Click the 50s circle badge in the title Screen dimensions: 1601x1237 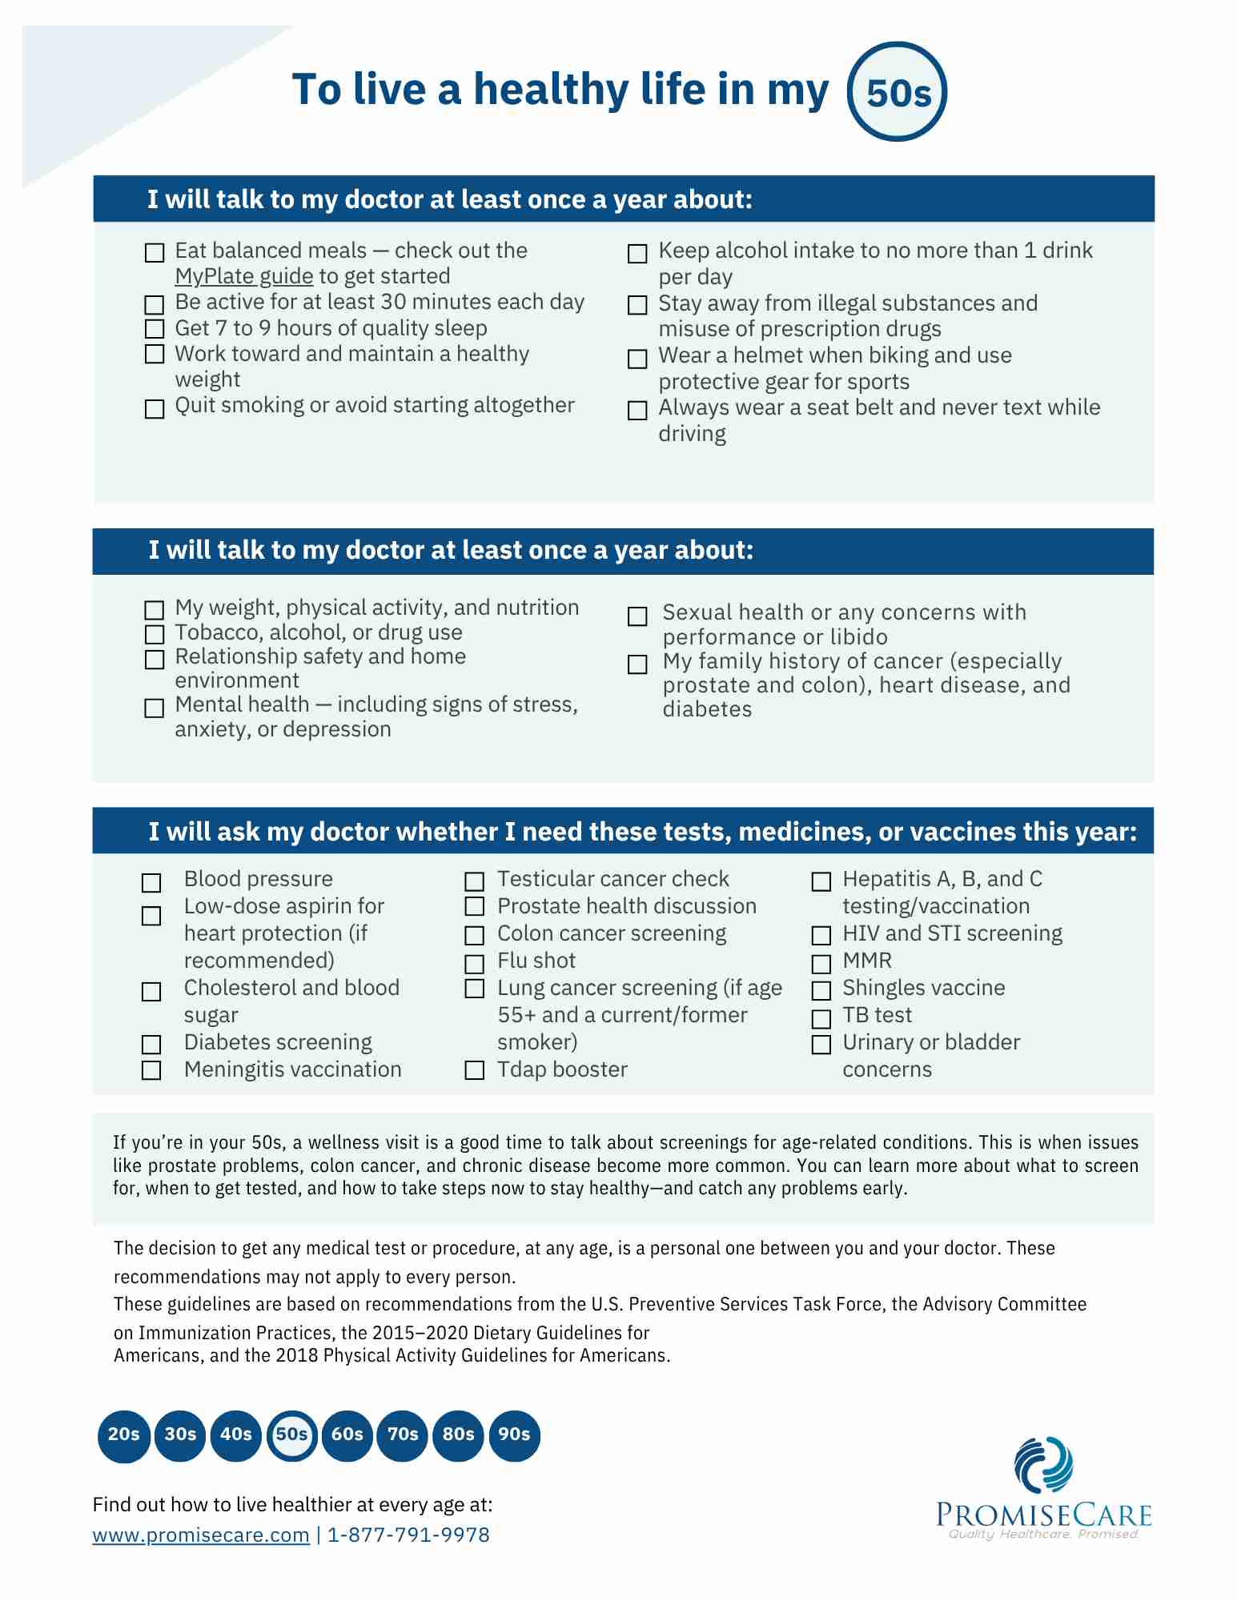tap(897, 92)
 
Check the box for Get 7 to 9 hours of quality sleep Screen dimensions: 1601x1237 tap(154, 329)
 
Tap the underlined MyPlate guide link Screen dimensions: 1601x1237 tap(243, 276)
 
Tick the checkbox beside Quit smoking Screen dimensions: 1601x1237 tap(154, 409)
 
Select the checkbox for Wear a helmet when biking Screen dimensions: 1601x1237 tap(637, 359)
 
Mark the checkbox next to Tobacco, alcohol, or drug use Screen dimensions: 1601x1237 tap(154, 634)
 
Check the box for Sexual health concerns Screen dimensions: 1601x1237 tap(637, 616)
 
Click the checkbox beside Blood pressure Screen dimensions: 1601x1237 tap(151, 882)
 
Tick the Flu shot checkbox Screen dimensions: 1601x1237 tap(475, 964)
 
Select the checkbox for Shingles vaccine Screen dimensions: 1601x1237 tap(821, 991)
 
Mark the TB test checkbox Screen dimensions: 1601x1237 tap(821, 1018)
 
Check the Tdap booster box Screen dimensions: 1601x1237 tap(475, 1070)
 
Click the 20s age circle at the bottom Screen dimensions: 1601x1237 tap(124, 1434)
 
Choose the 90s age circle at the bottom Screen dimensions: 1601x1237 tap(514, 1434)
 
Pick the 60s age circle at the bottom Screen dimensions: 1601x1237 tap(347, 1434)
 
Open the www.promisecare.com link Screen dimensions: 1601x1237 tap(201, 1535)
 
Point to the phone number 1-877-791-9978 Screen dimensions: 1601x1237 tap(408, 1535)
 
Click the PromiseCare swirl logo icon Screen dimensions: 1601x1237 tap(1043, 1466)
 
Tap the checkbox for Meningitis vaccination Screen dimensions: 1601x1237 tap(151, 1070)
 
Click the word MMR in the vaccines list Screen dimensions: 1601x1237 tap(867, 961)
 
